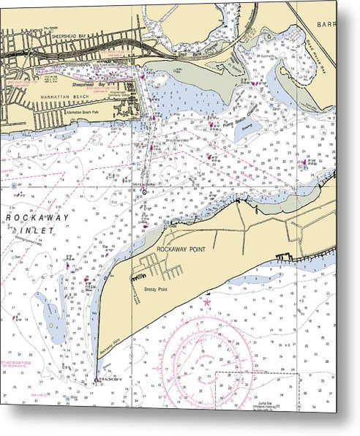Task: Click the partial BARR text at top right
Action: (x=325, y=23)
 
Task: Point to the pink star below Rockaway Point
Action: (x=207, y=301)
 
